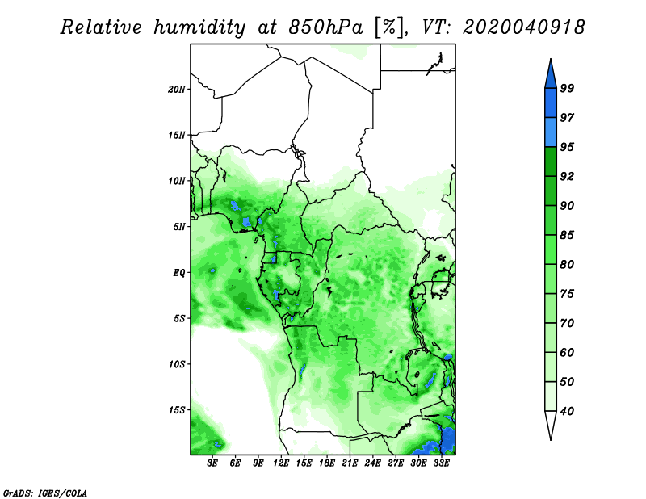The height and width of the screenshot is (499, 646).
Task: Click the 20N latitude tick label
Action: tap(177, 90)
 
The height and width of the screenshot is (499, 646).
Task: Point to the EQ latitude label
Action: tap(178, 273)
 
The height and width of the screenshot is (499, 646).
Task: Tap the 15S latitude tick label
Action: tap(177, 410)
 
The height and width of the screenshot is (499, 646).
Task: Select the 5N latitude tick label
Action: tap(179, 227)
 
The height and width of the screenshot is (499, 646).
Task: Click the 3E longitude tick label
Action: tap(212, 463)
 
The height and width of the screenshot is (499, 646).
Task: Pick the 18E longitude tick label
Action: tap(327, 463)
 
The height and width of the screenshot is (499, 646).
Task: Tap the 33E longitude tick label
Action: tap(441, 463)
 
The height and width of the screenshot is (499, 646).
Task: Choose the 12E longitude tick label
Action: tap(281, 463)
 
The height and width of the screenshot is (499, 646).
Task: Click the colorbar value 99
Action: tap(567, 88)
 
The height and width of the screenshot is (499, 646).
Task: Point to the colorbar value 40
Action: tap(567, 411)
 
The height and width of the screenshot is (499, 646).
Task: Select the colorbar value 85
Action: tap(567, 235)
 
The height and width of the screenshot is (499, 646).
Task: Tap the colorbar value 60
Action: tap(567, 352)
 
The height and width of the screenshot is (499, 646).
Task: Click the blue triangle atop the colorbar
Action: tap(551, 76)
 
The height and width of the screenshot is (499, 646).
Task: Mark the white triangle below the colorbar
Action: tap(551, 422)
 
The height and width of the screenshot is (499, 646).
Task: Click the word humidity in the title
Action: tap(199, 27)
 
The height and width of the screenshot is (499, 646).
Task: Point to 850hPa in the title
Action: tap(325, 27)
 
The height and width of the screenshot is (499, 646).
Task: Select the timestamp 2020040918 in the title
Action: tap(523, 27)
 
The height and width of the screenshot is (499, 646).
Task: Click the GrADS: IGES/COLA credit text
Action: tap(45, 493)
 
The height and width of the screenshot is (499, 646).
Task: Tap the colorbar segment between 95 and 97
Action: tap(551, 132)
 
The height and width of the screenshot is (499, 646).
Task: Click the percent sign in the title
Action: tap(389, 27)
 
